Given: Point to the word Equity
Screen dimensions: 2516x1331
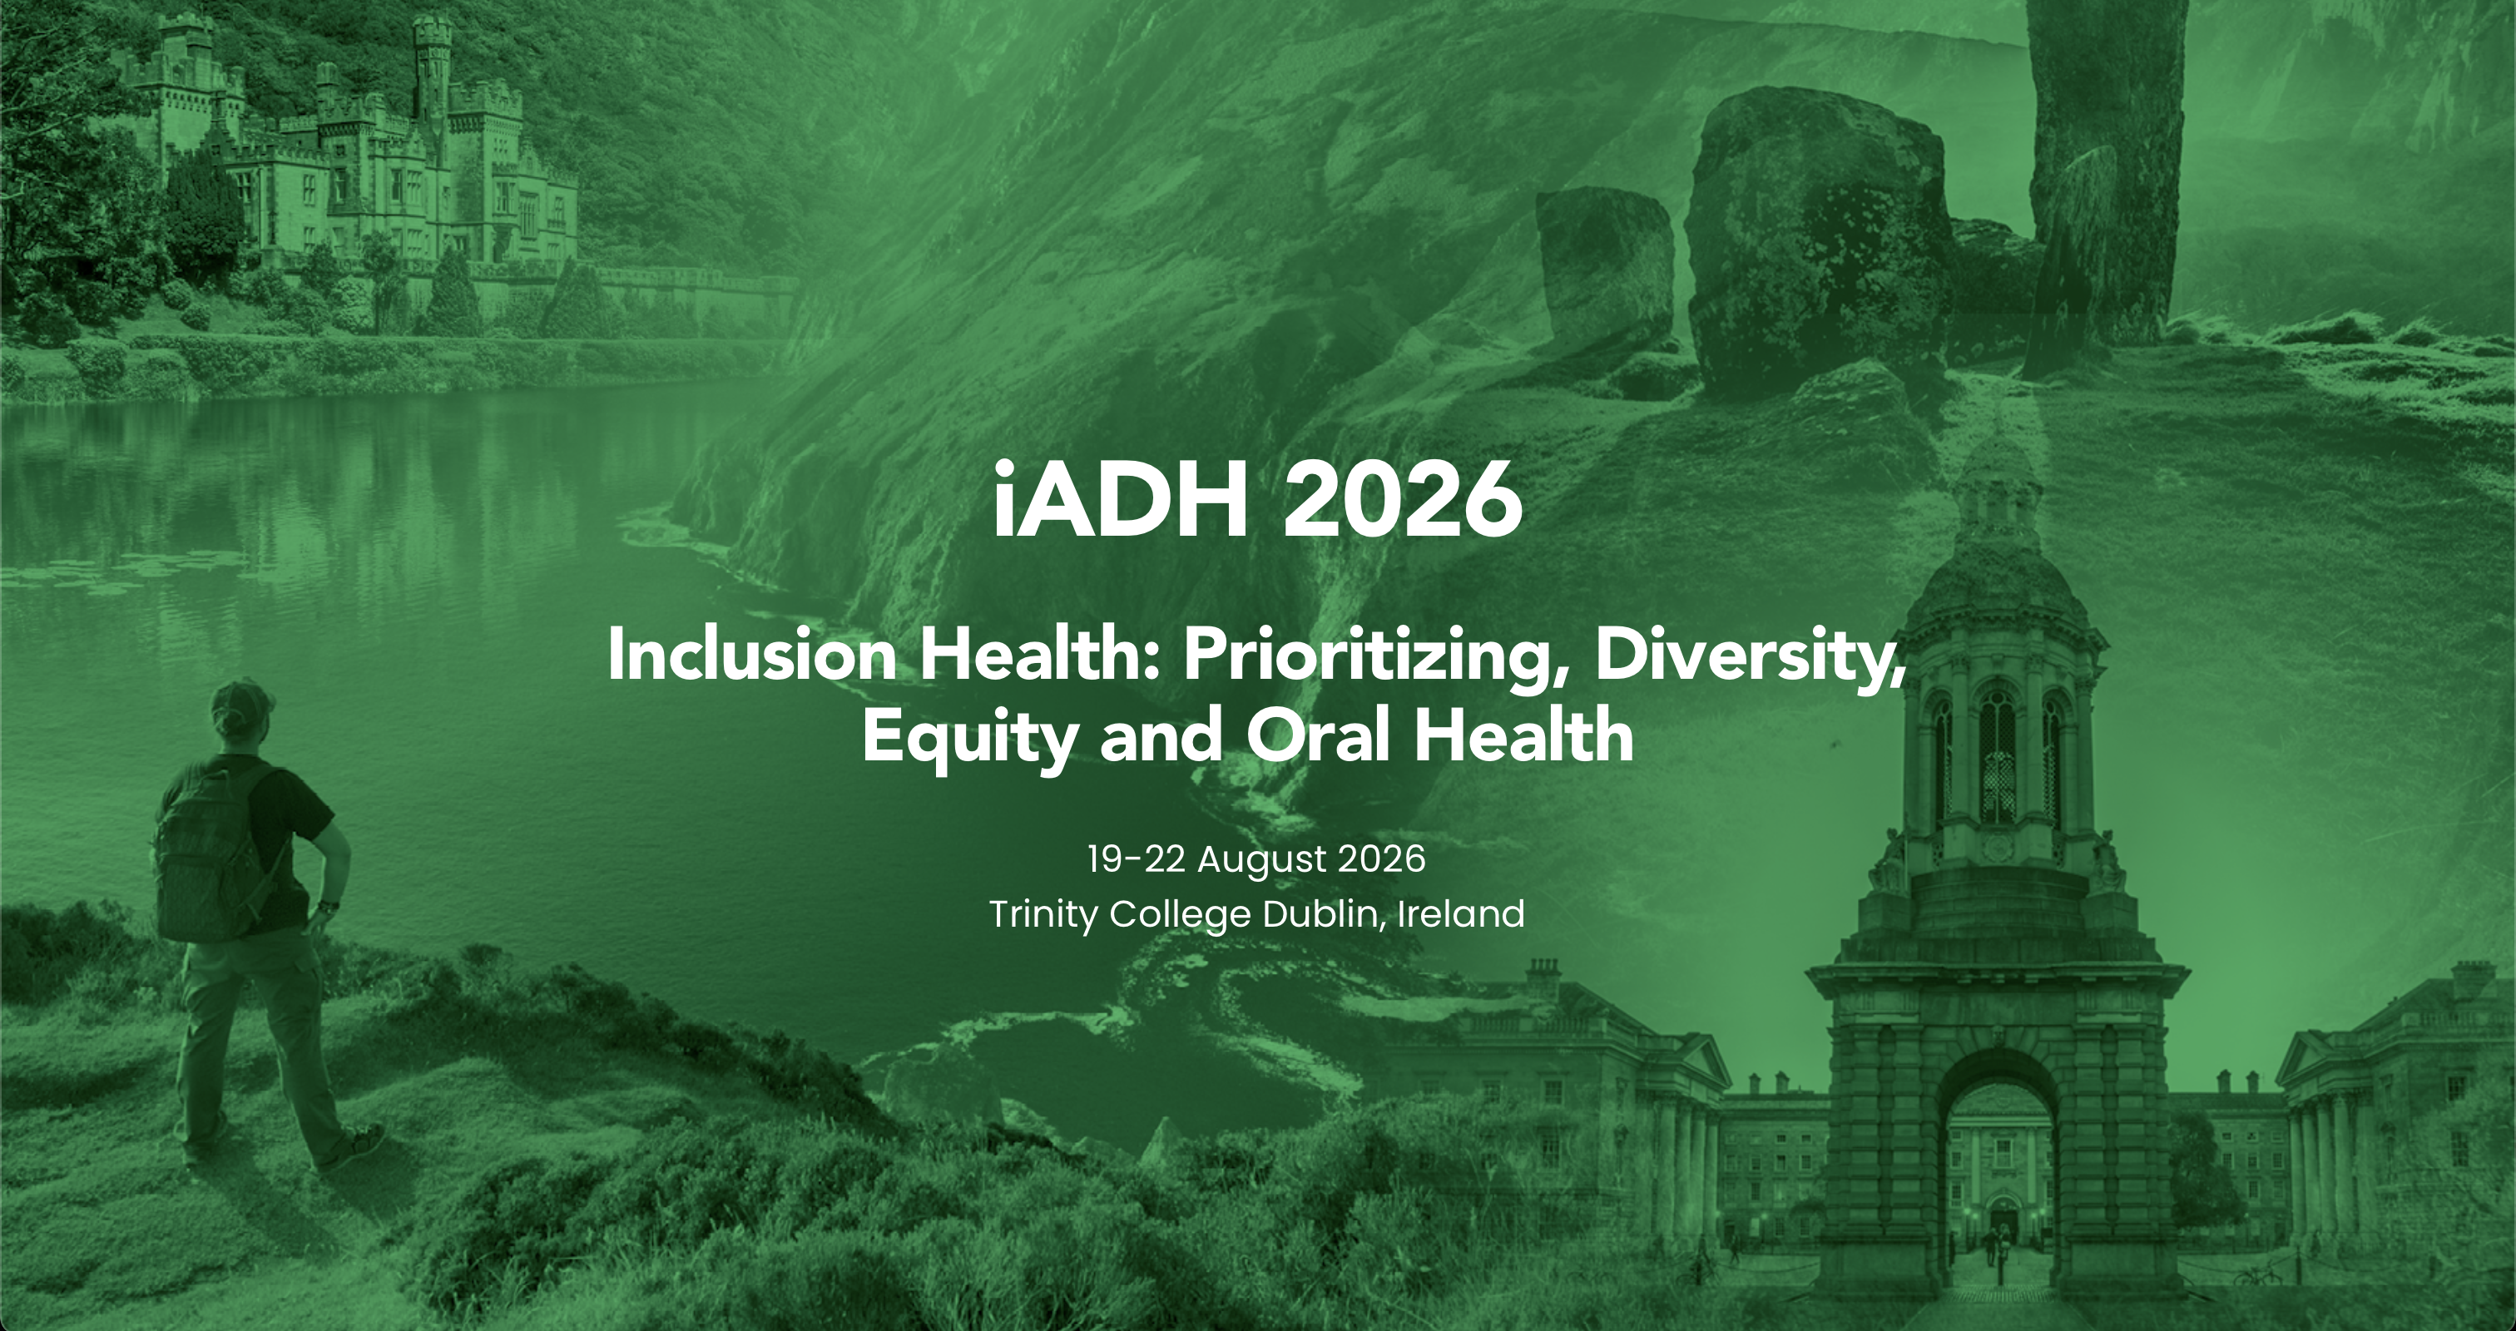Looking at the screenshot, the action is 969,737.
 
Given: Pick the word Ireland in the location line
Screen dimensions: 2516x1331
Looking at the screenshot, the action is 1461,914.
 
